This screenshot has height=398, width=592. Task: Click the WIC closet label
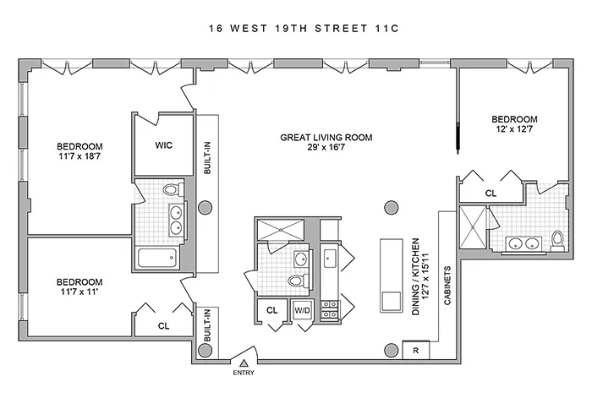(164, 145)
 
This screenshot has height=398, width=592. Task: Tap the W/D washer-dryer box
(302, 310)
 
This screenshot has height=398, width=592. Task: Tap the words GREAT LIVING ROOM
(327, 137)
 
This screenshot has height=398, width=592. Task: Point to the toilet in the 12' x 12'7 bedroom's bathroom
(556, 240)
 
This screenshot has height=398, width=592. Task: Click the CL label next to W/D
(272, 310)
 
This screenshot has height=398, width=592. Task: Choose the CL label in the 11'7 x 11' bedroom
(162, 324)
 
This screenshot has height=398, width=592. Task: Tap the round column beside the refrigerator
(390, 351)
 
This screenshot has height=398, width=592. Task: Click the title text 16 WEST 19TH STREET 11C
(295, 29)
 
